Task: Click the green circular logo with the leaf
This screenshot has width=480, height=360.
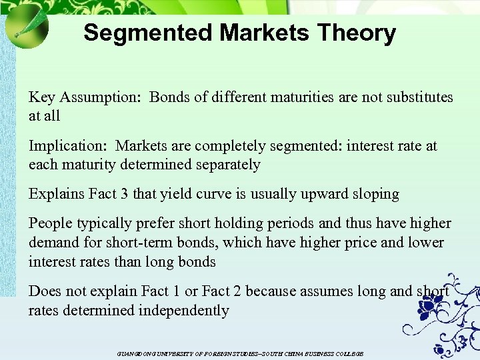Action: pos(27,26)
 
